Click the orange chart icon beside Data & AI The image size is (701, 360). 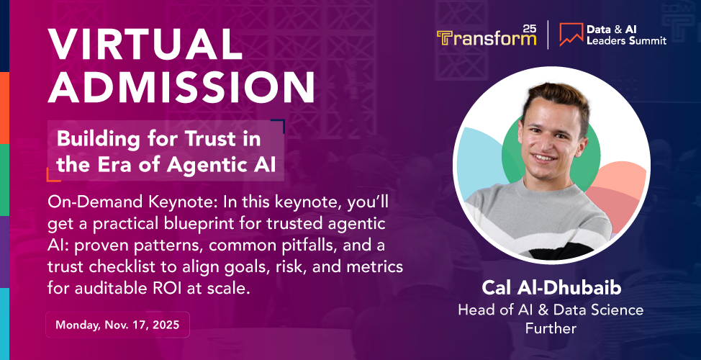(x=571, y=35)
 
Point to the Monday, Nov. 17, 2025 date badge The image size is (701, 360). (x=117, y=325)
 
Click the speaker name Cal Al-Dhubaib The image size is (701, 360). (x=551, y=289)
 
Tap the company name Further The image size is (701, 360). (x=551, y=329)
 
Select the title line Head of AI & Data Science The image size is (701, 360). (x=551, y=310)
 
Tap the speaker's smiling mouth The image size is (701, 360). (x=545, y=158)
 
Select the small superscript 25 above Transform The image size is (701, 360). (x=529, y=28)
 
